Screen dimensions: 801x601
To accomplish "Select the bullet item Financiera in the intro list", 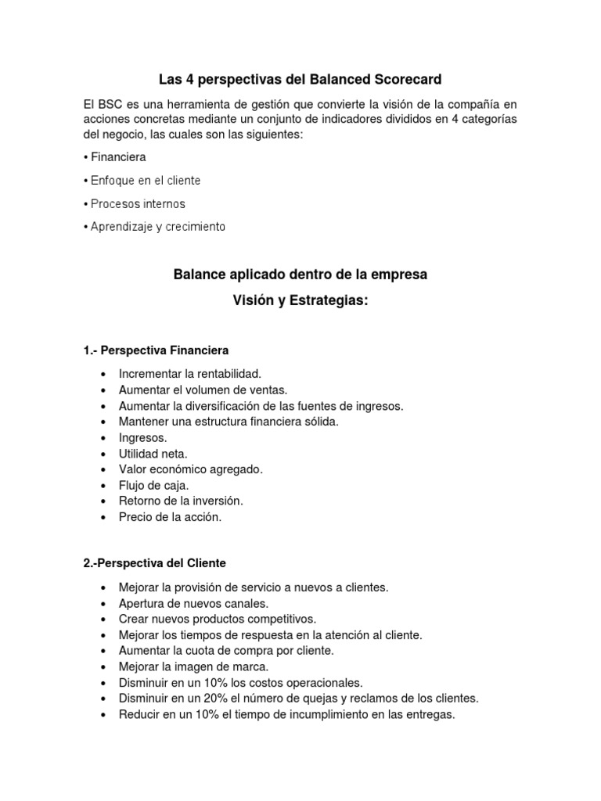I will pos(118,157).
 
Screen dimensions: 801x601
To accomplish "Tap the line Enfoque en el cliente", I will pos(146,181).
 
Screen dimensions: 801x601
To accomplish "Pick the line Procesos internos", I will pos(138,204).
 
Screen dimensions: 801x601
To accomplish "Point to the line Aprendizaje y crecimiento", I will pos(157,227).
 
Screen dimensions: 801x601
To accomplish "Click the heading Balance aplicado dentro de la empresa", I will pos(300,275).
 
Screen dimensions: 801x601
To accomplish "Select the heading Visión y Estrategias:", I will pos(300,301).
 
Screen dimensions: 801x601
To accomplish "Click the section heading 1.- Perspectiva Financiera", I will pos(156,350).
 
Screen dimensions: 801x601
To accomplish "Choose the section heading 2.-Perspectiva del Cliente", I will pos(154,562).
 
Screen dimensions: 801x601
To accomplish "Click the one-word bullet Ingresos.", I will pos(143,438).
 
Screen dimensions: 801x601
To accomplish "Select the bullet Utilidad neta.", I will pos(153,454).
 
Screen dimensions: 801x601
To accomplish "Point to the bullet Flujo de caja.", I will pos(154,486).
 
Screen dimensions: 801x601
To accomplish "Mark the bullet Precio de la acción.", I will pos(171,517).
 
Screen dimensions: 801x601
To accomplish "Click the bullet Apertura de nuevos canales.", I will pos(193,603).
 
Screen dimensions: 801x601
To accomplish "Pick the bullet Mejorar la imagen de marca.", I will pos(193,666).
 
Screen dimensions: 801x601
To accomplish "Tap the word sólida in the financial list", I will pos(321,422).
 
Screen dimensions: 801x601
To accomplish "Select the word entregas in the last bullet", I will pos(431,714).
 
